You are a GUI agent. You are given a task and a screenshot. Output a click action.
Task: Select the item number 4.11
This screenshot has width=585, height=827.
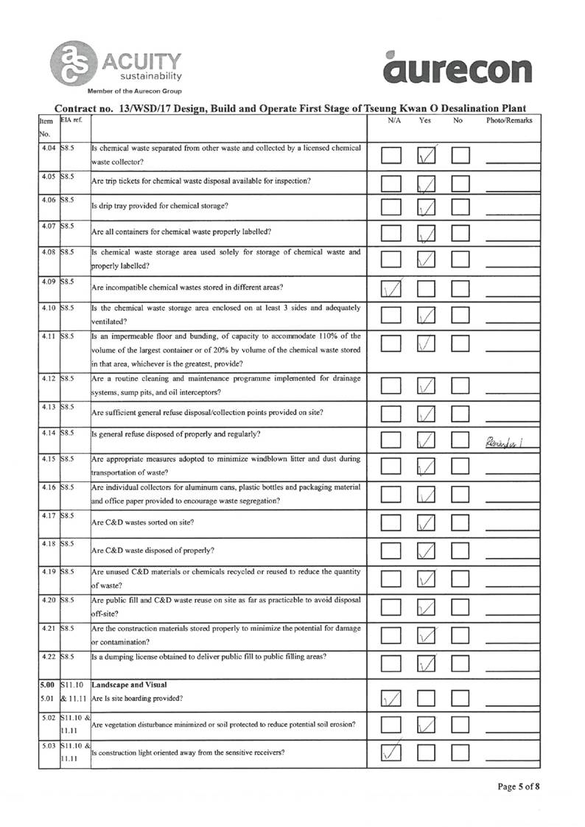coord(49,337)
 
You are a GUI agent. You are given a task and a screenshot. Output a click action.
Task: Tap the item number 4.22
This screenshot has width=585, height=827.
coord(49,655)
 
